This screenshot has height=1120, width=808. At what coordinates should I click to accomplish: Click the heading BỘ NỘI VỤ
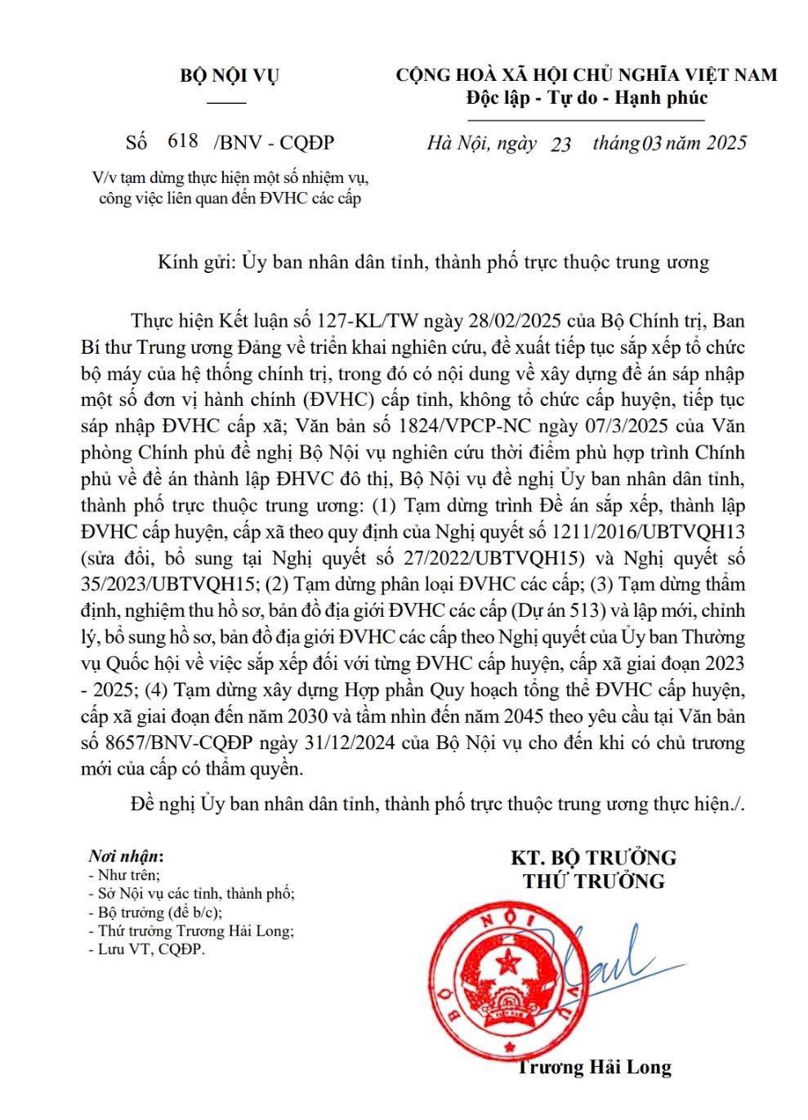[229, 76]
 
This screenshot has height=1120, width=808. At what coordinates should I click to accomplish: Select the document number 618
[182, 141]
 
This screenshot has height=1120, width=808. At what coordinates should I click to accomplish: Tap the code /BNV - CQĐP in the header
[273, 143]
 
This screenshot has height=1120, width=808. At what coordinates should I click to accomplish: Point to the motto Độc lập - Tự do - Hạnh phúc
[586, 98]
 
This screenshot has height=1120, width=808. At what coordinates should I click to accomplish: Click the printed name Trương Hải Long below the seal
[594, 1067]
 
